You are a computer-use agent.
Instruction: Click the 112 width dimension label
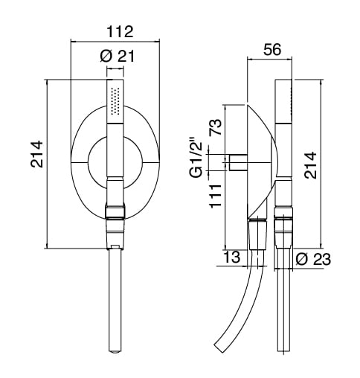[120, 31]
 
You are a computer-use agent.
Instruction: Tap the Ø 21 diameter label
[118, 56]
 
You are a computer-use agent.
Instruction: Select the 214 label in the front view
[37, 154]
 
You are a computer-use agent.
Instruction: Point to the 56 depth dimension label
[272, 49]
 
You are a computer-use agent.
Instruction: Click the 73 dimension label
[215, 127]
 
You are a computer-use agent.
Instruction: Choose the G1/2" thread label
[196, 159]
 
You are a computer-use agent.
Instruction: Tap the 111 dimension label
[215, 196]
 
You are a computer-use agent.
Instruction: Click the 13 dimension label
[232, 257]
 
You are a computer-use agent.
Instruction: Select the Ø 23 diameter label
[313, 260]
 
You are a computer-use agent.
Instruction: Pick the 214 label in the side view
[311, 165]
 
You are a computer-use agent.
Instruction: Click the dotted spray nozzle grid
[115, 101]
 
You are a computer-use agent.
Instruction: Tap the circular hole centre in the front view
[115, 163]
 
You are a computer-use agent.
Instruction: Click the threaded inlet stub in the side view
[238, 162]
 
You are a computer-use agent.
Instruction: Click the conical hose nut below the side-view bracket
[258, 234]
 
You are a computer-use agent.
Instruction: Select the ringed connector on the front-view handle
[115, 211]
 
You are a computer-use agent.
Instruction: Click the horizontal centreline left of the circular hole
[80, 163]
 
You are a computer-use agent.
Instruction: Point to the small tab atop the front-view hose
[115, 247]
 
